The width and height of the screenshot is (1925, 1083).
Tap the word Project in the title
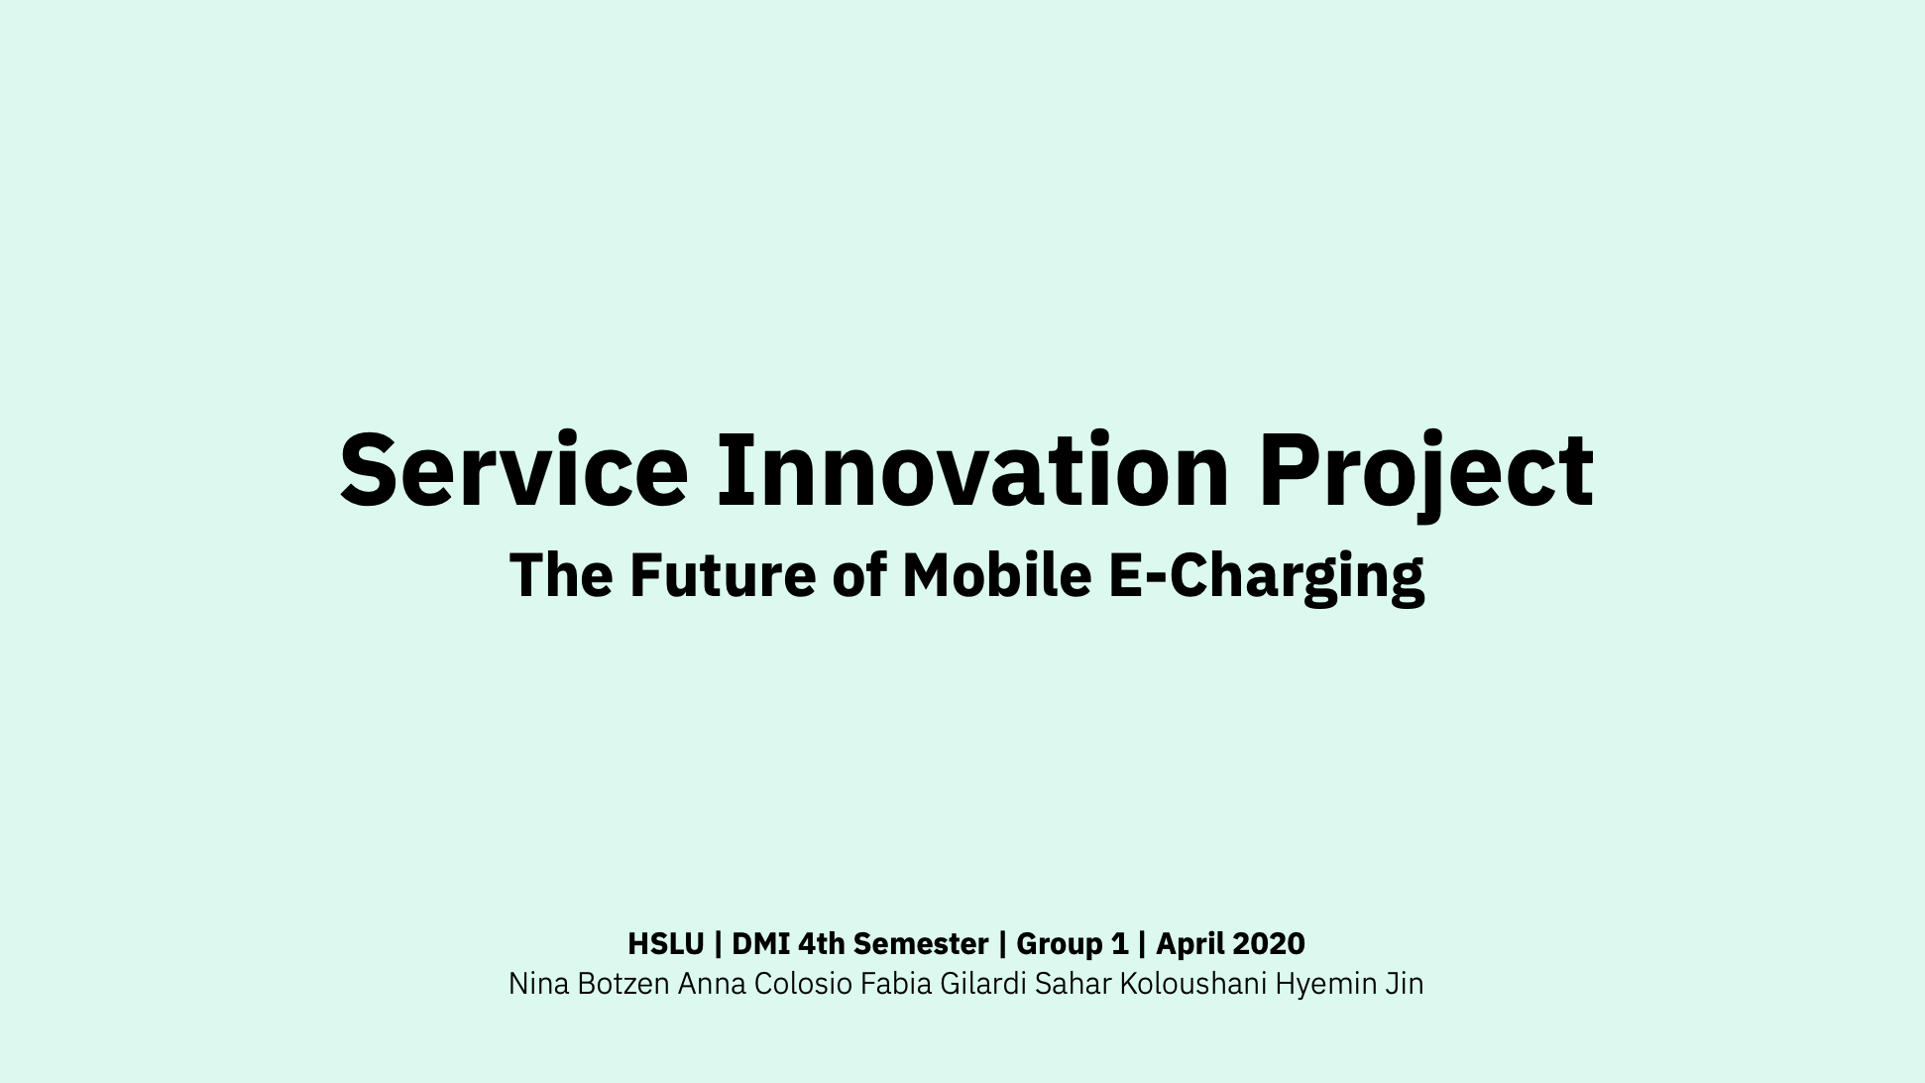1426,475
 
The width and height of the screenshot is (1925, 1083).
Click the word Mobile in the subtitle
996,574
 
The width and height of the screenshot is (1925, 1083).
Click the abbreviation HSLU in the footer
666,943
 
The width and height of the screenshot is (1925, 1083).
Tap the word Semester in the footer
921,943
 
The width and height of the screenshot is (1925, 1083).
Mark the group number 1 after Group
1119,943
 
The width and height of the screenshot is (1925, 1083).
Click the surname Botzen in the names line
623,984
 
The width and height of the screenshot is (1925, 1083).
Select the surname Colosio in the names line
803,984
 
